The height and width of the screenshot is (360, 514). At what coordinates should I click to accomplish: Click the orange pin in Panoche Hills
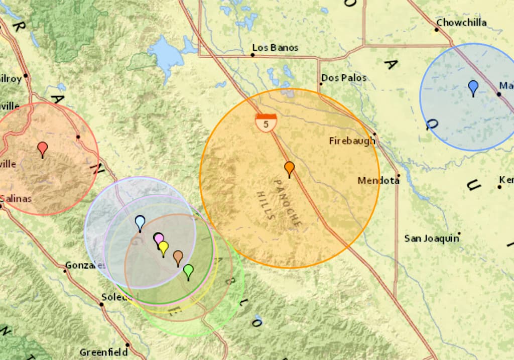289,168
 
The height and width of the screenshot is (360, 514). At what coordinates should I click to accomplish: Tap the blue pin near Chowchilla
473,87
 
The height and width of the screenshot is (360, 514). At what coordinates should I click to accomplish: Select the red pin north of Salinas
43,148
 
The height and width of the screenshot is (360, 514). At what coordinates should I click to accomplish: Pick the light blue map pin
140,222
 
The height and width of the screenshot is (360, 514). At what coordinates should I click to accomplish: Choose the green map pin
188,271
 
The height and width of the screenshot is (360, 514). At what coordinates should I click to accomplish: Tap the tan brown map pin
178,257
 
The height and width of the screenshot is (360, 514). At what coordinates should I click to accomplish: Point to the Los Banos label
275,48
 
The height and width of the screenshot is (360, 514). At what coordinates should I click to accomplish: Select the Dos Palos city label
344,78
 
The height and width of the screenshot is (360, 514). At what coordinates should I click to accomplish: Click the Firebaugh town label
352,141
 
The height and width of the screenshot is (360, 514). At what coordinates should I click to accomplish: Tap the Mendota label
378,180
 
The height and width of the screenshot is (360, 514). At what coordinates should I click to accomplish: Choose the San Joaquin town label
432,238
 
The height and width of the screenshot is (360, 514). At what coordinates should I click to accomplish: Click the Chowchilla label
461,23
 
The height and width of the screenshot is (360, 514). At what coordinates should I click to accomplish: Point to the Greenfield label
103,352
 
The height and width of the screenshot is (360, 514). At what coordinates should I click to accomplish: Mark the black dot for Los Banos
252,55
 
